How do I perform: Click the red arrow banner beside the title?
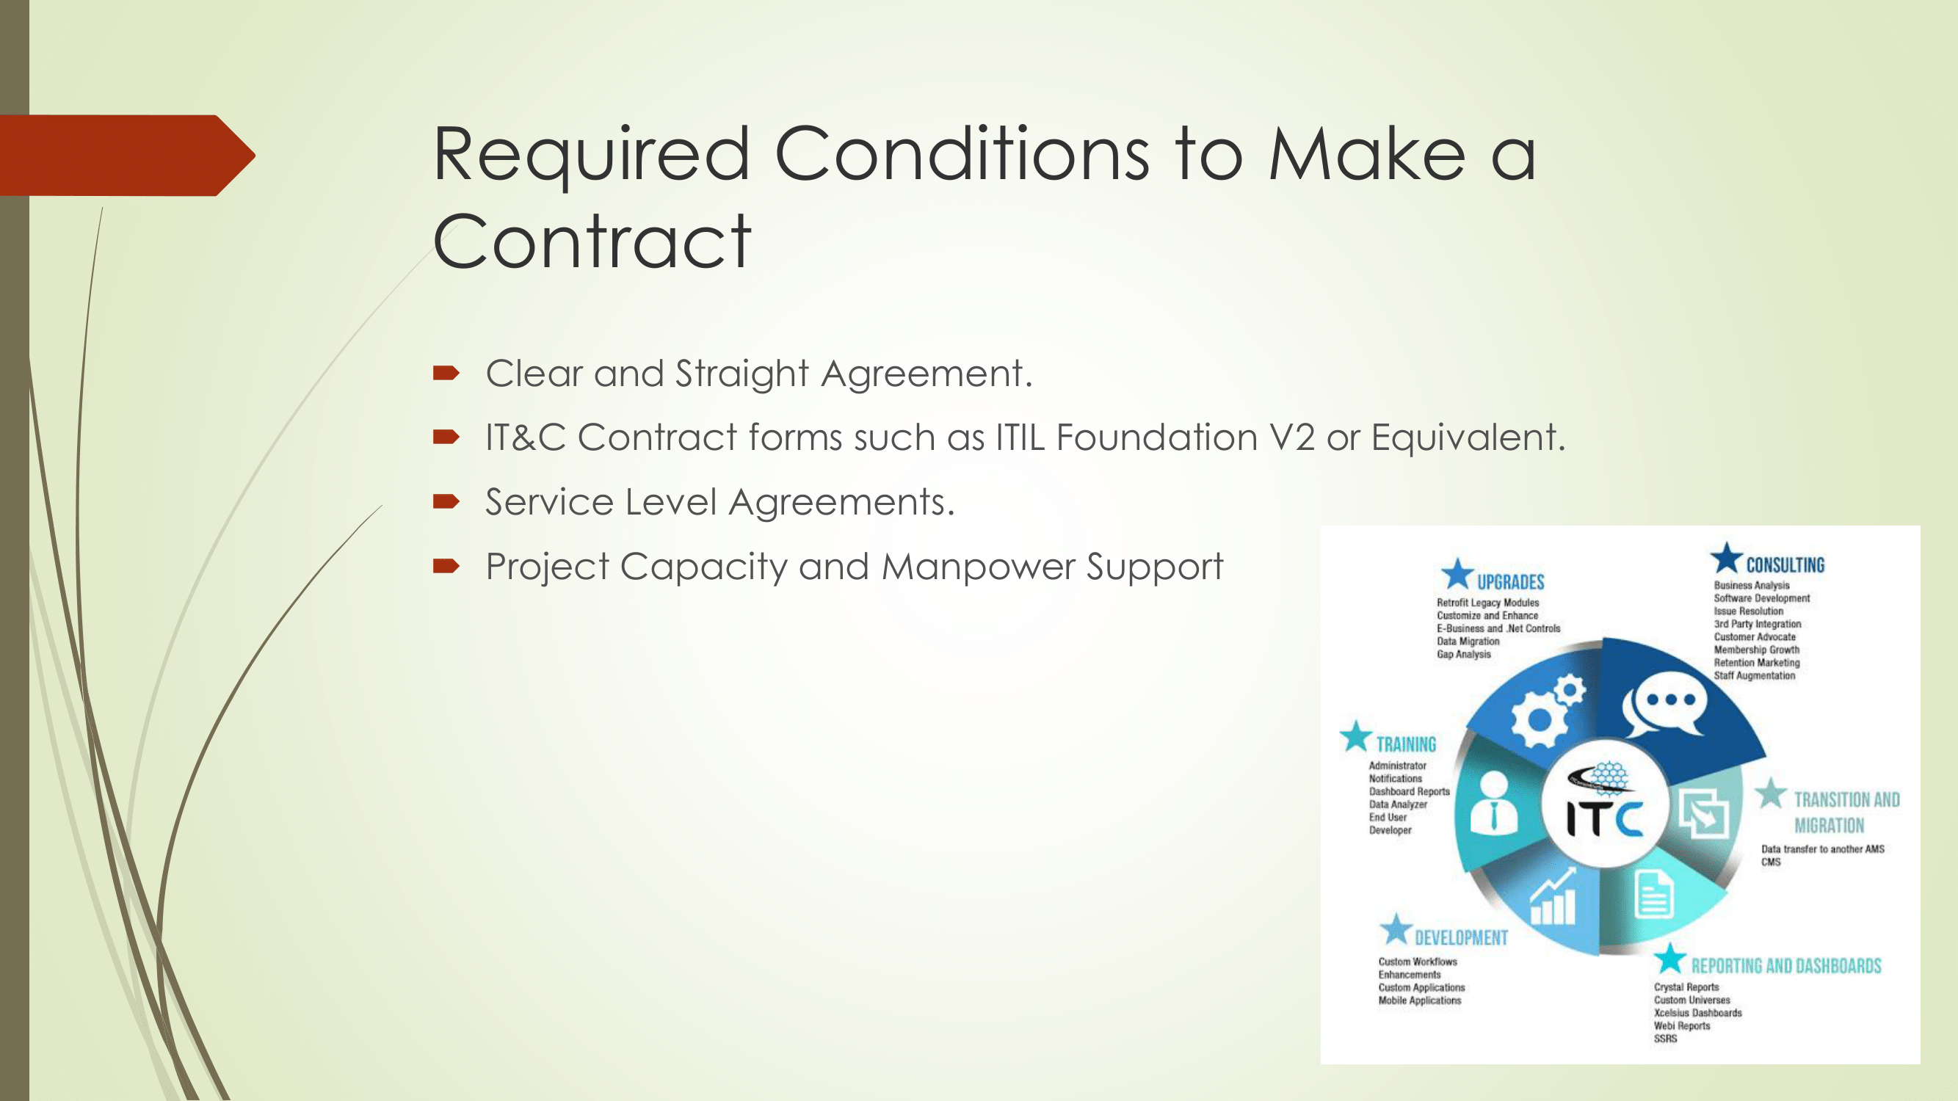point(127,156)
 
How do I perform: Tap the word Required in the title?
point(591,155)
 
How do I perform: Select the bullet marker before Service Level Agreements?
point(446,501)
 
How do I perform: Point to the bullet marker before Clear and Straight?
point(446,372)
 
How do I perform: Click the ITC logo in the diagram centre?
point(1605,804)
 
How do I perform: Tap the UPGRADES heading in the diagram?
point(1510,582)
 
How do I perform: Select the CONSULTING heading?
point(1785,564)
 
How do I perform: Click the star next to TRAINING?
point(1355,735)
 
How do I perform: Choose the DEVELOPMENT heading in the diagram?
point(1461,937)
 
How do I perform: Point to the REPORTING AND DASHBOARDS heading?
point(1786,966)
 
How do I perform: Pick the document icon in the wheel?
point(1654,895)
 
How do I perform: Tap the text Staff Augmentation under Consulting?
point(1755,675)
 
